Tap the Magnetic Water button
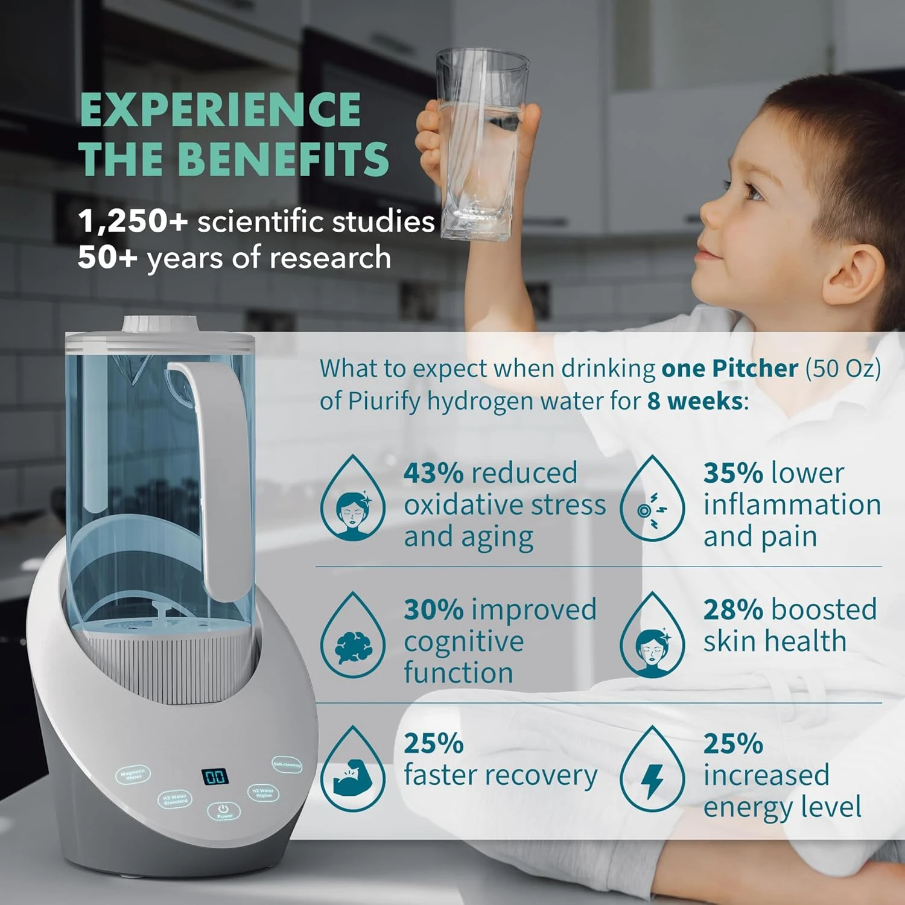[x=133, y=775]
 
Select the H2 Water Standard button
[x=175, y=800]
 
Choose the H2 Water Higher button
[x=264, y=792]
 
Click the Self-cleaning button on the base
[x=286, y=764]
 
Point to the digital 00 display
[x=215, y=776]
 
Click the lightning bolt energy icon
[x=652, y=780]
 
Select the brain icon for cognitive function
[x=353, y=647]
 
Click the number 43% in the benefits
[x=433, y=473]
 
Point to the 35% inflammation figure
[x=732, y=473]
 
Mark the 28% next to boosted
[x=732, y=610]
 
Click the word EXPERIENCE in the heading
[x=220, y=110]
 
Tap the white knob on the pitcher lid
[x=161, y=324]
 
